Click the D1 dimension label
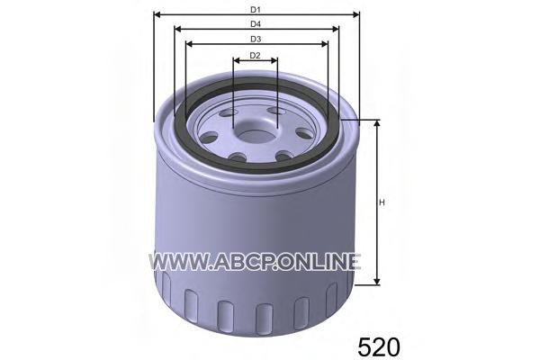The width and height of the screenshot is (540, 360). (x=256, y=10)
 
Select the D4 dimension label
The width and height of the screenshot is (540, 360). (x=256, y=24)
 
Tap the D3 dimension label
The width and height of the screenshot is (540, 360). (x=256, y=40)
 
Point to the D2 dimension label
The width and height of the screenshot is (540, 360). (x=255, y=56)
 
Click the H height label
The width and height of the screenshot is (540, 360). (x=382, y=202)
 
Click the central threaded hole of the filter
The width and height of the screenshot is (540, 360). (x=256, y=136)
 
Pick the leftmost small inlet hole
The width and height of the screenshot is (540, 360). (x=209, y=138)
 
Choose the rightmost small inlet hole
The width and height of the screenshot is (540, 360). (x=304, y=133)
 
